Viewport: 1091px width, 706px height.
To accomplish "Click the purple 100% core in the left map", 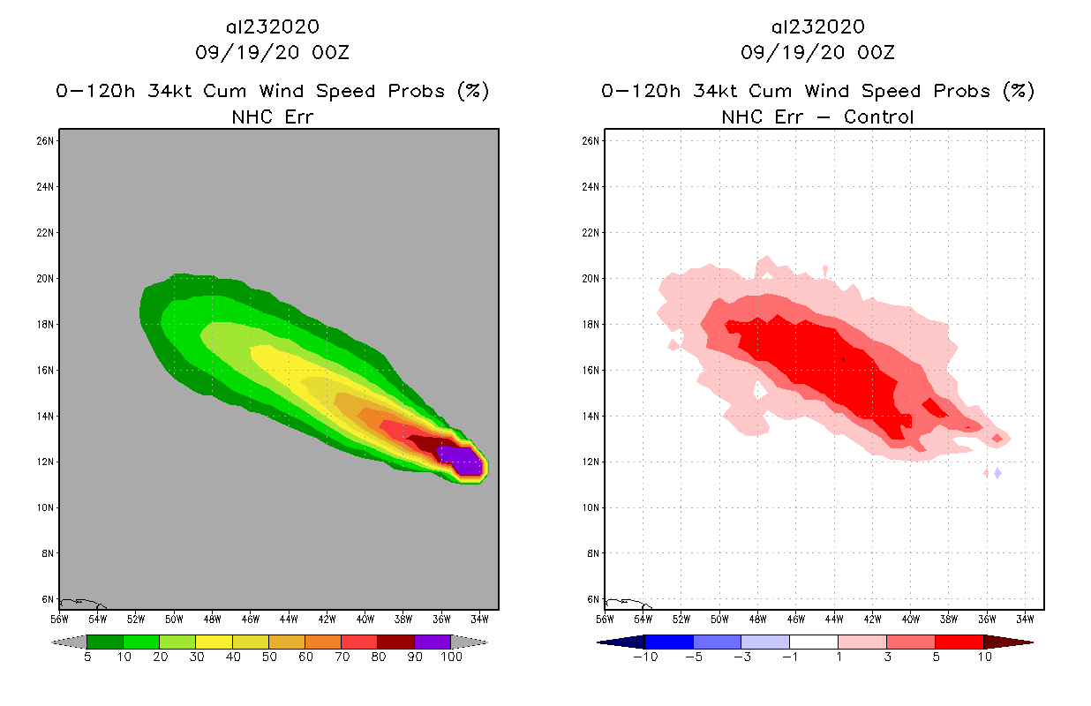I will point(464,459).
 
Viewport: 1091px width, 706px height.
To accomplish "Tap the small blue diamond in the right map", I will point(997,473).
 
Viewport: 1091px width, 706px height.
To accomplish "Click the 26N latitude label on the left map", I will point(46,140).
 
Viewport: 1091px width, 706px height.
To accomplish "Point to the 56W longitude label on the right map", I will point(605,617).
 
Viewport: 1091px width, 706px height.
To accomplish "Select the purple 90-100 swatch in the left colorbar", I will point(433,642).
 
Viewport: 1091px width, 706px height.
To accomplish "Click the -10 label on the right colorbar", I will point(645,657).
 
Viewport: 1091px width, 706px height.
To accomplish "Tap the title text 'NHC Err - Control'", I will point(817,116).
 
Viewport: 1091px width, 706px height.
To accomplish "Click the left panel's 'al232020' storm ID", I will point(272,27).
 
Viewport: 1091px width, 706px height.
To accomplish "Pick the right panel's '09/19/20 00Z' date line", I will point(817,52).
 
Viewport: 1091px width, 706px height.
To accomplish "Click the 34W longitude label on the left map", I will point(479,617).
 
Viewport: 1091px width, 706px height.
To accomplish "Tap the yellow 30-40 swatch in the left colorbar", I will point(214,642).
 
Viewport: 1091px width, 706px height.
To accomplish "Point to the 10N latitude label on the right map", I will point(591,507).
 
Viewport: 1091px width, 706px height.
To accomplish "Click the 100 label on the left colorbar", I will point(451,657).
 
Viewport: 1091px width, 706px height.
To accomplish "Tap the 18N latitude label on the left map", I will point(46,324).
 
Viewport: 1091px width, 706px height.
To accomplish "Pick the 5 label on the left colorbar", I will point(87,657).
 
